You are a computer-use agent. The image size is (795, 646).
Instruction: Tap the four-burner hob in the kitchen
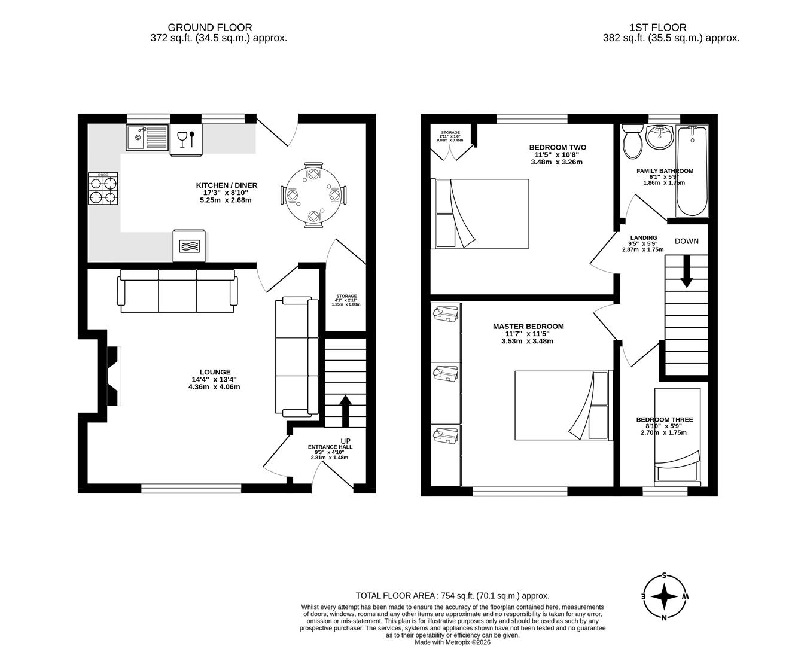tap(103, 188)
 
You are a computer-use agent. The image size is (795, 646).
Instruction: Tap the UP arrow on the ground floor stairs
tap(345, 410)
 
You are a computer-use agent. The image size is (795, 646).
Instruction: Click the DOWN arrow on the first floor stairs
tap(686, 271)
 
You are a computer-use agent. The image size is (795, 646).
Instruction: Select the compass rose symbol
tap(664, 597)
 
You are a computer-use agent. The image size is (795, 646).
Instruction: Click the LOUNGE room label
tap(215, 372)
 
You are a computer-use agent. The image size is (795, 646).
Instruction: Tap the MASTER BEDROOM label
tap(528, 326)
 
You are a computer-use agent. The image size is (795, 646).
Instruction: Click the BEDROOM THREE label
tap(663, 420)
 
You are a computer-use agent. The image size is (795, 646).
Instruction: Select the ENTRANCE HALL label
tap(330, 447)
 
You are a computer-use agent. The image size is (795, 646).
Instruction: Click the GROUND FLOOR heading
tap(210, 27)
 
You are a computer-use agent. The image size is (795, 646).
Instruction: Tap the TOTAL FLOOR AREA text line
tap(452, 595)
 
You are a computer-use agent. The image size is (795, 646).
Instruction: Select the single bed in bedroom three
tap(677, 435)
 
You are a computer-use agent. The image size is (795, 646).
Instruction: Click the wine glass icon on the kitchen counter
tap(182, 139)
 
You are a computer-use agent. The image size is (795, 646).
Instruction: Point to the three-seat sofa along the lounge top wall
tap(177, 291)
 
